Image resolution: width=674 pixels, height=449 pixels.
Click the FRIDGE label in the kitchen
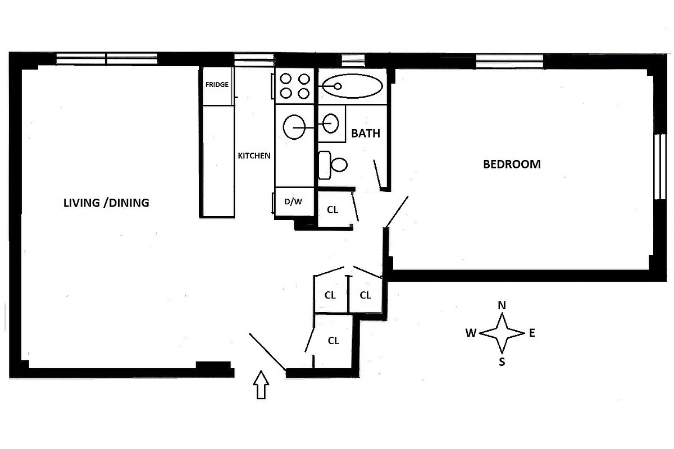217,85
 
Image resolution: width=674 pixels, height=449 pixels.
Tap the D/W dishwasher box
293,202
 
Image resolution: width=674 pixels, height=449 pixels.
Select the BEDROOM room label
512,164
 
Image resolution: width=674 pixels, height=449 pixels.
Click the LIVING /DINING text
106,203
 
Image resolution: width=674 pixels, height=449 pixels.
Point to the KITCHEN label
254,156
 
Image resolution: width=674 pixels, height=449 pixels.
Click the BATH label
366,134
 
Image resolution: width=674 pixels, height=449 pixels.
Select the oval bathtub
353,86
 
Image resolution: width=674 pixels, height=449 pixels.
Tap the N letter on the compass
502,306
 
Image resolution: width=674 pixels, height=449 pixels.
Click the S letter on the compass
502,362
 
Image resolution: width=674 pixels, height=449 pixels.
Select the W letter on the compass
471,333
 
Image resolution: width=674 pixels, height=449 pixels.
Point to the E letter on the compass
531,333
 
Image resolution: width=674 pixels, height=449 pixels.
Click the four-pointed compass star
502,333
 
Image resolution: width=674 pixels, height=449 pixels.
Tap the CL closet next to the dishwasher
333,210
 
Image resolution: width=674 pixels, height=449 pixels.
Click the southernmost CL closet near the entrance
334,341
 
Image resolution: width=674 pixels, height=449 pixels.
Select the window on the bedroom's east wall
659,167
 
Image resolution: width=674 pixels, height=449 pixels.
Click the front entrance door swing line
267,352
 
